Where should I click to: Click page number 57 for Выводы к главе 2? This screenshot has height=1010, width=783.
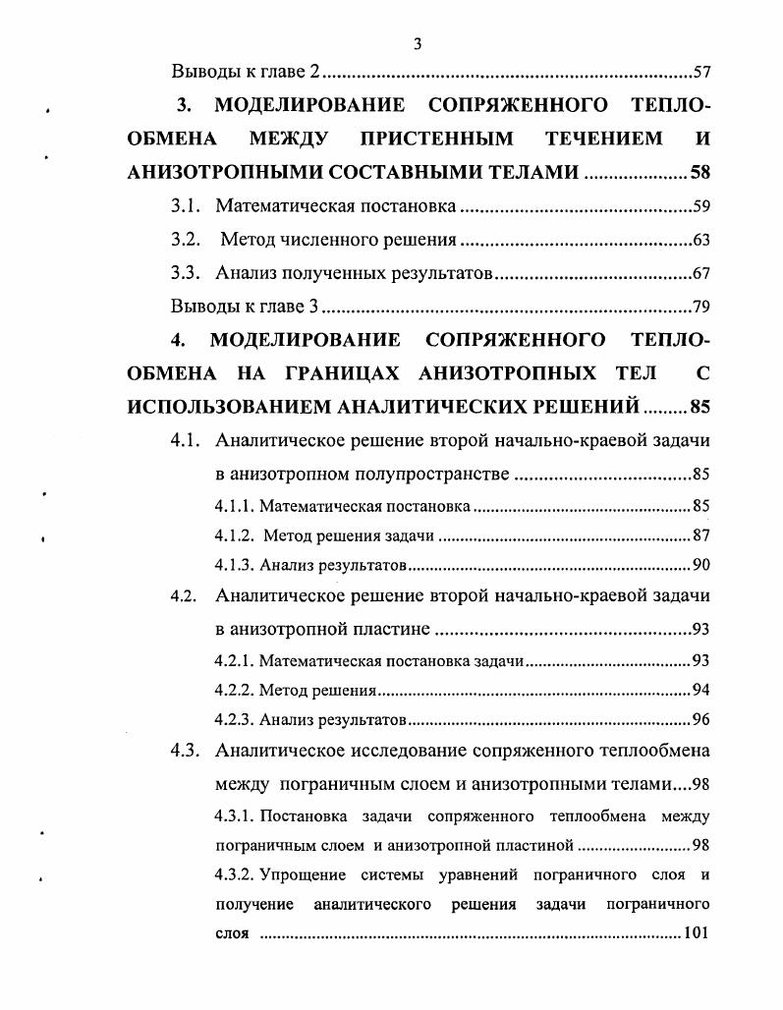(700, 72)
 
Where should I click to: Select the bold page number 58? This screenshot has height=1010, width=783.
(699, 172)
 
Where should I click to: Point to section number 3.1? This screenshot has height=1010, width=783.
(185, 206)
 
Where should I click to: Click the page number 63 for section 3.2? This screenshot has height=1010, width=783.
(700, 240)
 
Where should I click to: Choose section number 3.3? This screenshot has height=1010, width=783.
(185, 273)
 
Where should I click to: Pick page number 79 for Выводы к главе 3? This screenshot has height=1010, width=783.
(700, 306)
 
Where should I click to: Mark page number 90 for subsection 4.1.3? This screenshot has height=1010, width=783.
(700, 565)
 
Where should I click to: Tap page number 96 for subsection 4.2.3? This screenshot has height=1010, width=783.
(700, 719)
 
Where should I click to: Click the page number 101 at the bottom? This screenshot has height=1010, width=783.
(696, 932)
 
